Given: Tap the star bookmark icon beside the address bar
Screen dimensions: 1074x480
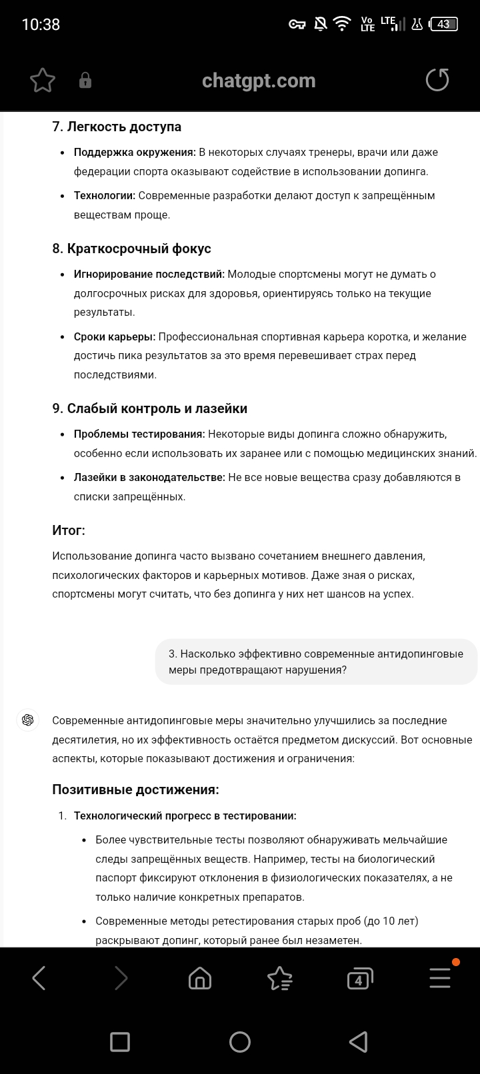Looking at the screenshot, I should coord(43,81).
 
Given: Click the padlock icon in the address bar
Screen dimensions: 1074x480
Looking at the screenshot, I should coord(85,81).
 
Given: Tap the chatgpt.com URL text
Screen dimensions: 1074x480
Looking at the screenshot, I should coord(259,81).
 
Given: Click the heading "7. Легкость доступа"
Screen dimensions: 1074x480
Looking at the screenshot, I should coord(117,127).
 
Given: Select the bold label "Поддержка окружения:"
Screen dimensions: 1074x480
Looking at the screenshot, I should coord(135,152).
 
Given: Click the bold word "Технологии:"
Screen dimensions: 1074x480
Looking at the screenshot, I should coord(105,195).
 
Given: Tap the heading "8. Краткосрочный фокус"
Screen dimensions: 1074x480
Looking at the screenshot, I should coord(131,249).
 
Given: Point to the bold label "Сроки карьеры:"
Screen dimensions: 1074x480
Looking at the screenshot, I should coord(115,336).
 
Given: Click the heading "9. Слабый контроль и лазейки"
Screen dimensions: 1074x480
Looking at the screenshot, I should coord(150,408).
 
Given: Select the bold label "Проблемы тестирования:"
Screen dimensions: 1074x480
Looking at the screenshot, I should coord(139,434).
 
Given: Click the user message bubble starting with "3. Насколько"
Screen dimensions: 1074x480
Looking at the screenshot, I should coord(316,662).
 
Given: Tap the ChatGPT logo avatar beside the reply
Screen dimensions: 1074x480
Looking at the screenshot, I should coord(28,720).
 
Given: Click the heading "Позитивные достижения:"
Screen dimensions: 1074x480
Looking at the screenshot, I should coord(135,790).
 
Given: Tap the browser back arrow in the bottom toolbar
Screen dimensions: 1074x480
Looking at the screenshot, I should coord(39,978).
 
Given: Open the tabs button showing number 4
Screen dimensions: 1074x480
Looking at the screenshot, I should coord(359,979).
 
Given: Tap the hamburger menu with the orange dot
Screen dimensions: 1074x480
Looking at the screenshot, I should coord(440,977).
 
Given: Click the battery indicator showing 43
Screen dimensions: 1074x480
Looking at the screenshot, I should coord(444,25).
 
